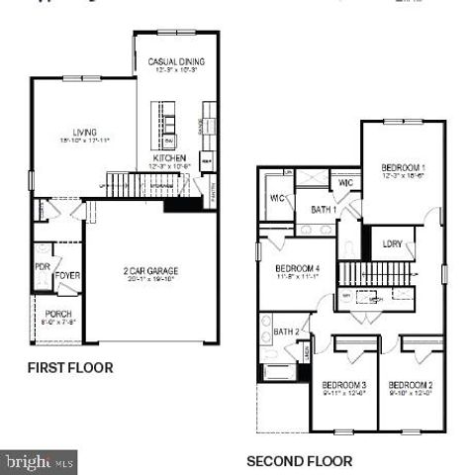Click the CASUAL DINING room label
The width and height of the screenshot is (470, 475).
coord(175,62)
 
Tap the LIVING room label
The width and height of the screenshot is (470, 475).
coord(84,132)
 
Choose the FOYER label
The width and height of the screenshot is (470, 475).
coord(66,275)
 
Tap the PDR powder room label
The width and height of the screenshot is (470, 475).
coord(42,267)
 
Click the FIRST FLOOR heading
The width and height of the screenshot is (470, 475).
coord(69,368)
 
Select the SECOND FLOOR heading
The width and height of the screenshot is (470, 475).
coord(299,461)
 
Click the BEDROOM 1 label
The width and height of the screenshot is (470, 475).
coord(403,168)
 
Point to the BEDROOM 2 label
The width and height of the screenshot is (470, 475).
coord(411,385)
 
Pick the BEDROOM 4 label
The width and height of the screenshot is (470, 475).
coord(297,269)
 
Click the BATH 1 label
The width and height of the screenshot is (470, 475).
coord(323,210)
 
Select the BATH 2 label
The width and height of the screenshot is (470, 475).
coord(286,332)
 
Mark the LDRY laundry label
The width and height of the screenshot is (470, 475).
coord(392,242)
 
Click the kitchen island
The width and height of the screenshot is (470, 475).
coord(168,122)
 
